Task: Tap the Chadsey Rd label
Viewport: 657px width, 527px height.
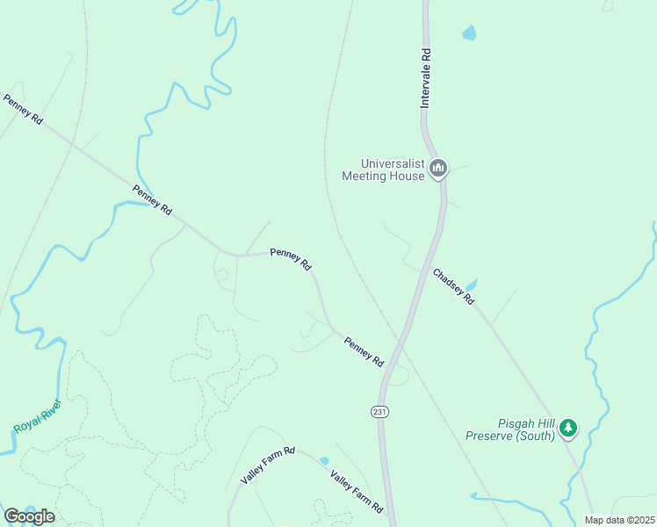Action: point(453,287)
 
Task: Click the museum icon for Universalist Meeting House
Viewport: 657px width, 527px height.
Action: point(438,168)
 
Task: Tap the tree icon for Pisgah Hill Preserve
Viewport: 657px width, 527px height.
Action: point(569,428)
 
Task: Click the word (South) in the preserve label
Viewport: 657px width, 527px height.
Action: point(536,436)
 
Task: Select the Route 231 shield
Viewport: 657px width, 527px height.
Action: point(379,411)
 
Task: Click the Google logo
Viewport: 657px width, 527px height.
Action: point(29,516)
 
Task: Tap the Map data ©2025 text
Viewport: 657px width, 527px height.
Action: point(619,520)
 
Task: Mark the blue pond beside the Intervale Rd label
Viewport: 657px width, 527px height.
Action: point(469,33)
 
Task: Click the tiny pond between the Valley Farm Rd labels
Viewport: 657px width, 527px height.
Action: point(325,461)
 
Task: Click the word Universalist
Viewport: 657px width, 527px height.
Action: point(393,163)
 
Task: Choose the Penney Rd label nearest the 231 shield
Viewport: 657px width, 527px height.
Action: point(364,352)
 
